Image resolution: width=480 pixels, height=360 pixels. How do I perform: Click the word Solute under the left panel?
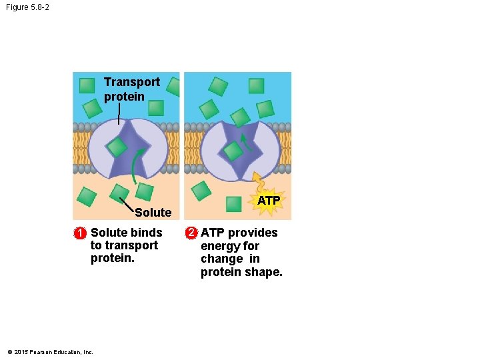[x=153, y=213]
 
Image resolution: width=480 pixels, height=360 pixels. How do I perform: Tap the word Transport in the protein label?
[x=132, y=82]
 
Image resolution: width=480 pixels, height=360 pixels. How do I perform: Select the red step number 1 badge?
[x=79, y=233]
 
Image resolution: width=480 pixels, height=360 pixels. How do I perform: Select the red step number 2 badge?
[x=191, y=233]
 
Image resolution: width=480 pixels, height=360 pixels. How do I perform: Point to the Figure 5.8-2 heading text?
[x=27, y=7]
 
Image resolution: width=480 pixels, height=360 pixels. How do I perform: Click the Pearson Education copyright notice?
[x=50, y=352]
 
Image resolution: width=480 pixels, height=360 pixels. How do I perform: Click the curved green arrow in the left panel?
[x=137, y=167]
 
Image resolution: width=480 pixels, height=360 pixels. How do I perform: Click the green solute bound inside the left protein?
[x=117, y=147]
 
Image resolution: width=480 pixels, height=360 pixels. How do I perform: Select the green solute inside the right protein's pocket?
[x=232, y=151]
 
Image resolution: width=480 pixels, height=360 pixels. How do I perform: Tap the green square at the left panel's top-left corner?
[x=87, y=85]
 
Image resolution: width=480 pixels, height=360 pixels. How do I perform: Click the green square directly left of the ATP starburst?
[x=233, y=203]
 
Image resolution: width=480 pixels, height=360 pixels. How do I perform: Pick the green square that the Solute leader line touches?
[x=144, y=192]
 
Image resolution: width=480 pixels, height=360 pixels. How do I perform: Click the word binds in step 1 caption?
[x=146, y=233]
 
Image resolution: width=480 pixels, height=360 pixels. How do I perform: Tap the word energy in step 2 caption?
[x=219, y=246]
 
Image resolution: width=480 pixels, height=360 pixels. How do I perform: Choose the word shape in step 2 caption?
[x=264, y=272]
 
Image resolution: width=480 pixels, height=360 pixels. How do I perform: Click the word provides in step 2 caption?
[x=253, y=233]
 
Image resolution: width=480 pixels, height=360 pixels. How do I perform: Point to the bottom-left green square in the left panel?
[x=87, y=196]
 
